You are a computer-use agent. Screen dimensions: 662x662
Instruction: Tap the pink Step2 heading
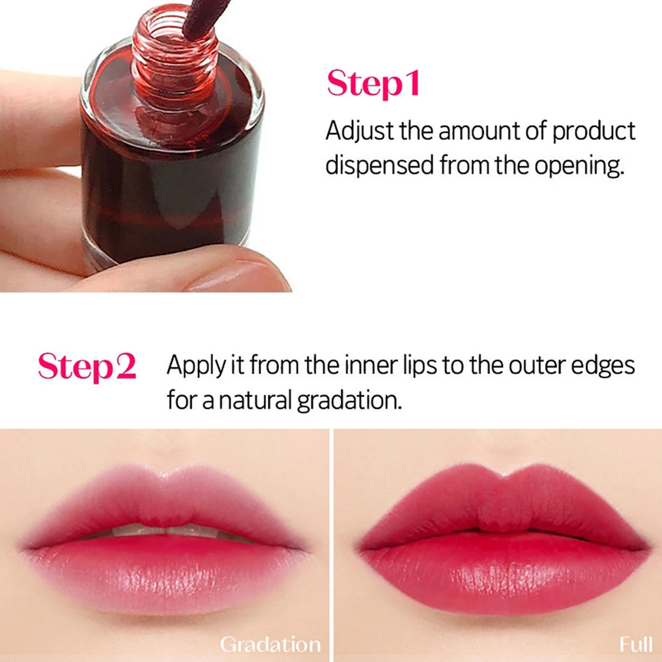tap(86, 367)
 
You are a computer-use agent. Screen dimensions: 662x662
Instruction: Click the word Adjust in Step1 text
tap(360, 131)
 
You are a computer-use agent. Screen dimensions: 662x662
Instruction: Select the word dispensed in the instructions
tap(379, 165)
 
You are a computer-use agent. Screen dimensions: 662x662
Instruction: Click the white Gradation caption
tap(270, 644)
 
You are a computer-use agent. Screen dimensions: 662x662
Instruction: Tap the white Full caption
tap(635, 644)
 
